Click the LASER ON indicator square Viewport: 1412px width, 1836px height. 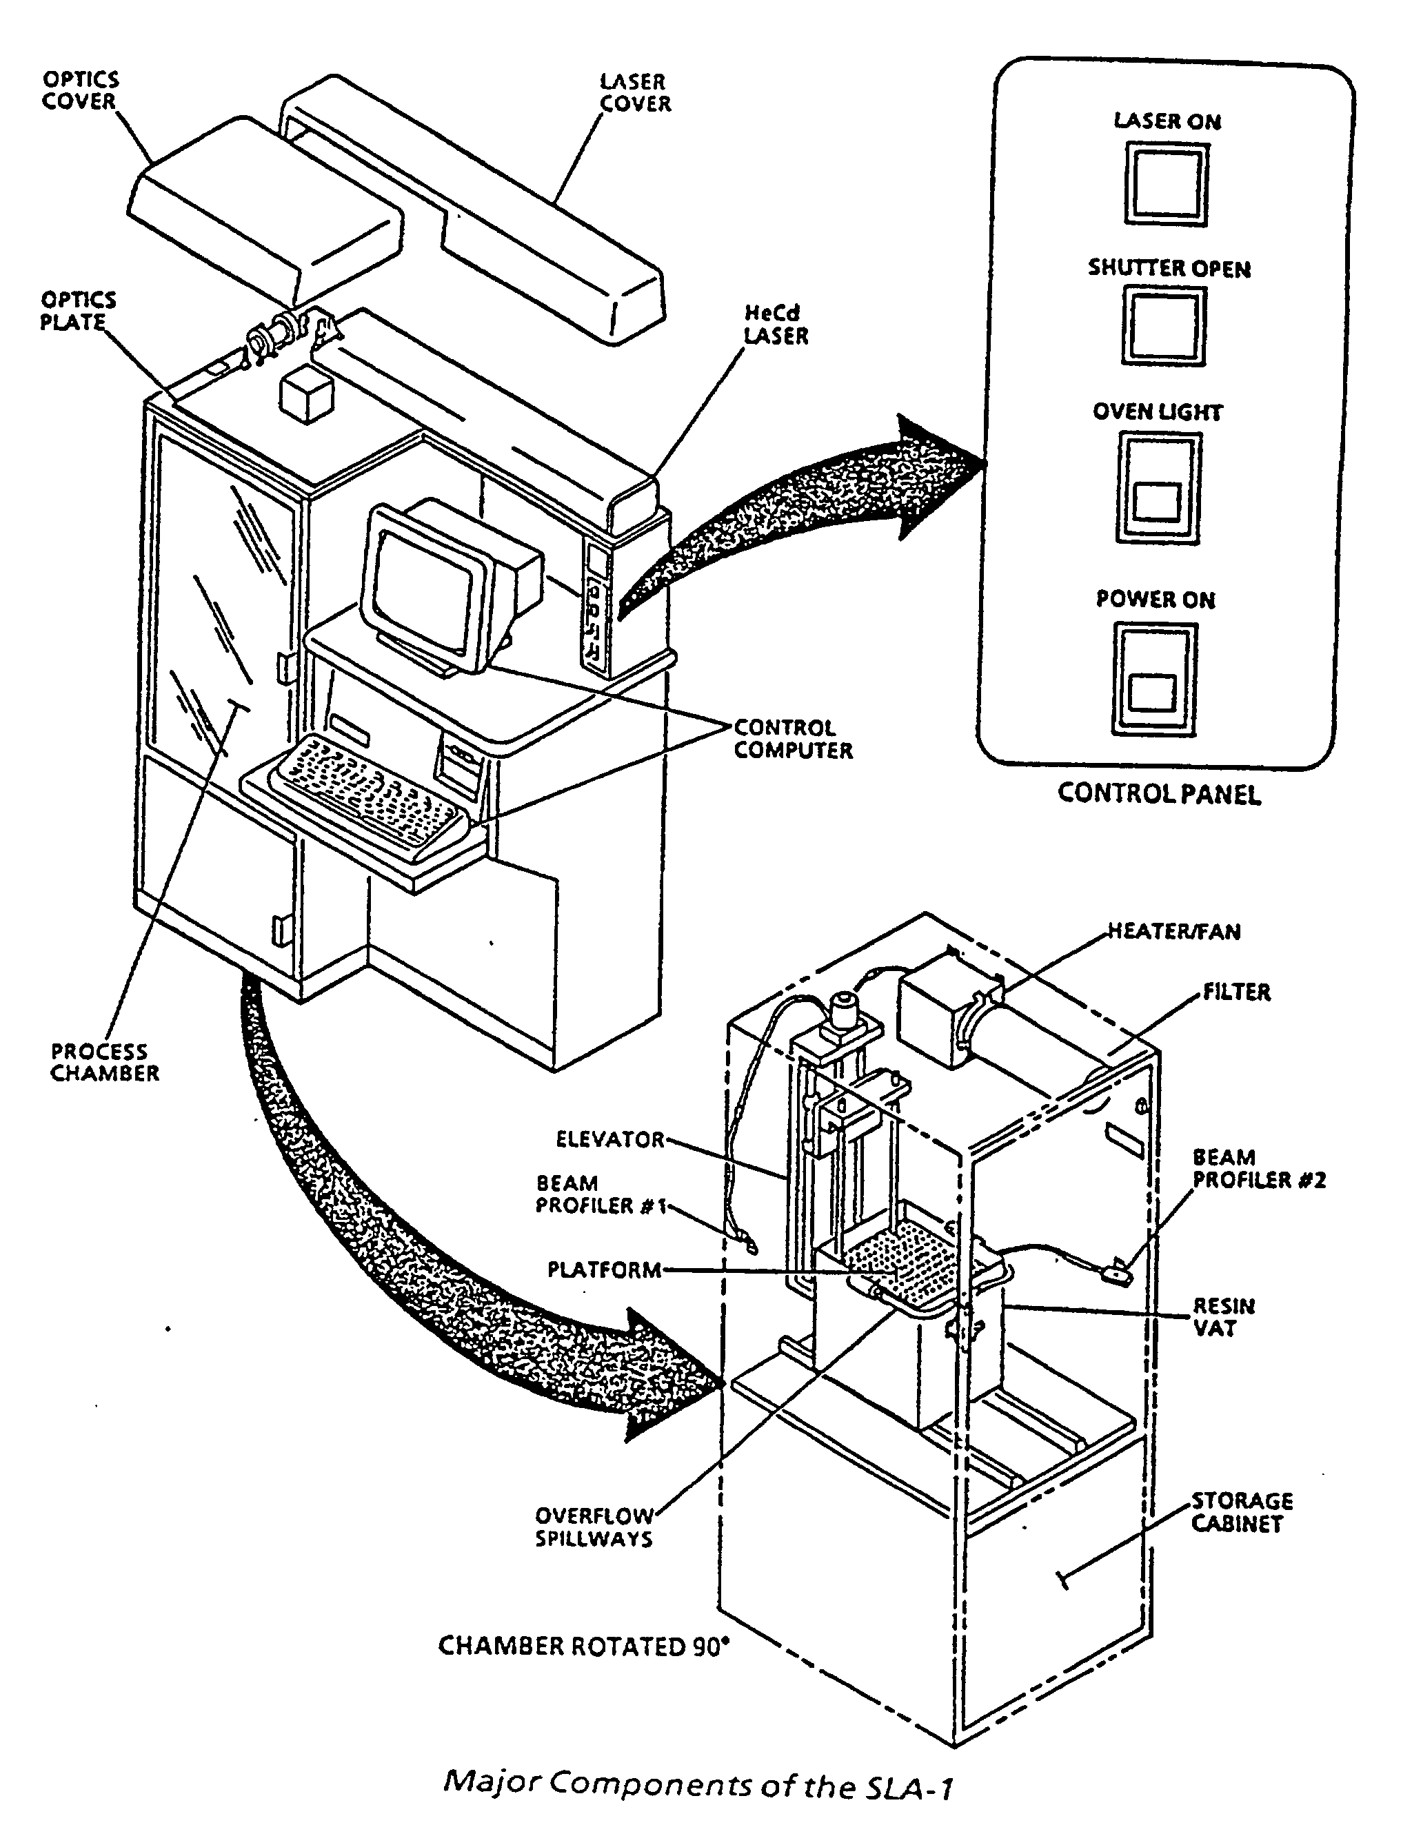(1167, 183)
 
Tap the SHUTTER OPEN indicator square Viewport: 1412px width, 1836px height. (1163, 326)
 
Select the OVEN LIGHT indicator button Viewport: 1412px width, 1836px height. (1158, 487)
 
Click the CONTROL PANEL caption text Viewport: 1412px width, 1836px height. (1159, 794)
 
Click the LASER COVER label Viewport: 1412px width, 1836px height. (634, 92)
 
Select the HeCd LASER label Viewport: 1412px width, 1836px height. (775, 325)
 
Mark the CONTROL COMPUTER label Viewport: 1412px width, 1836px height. (793, 739)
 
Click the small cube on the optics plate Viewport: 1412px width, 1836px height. (307, 395)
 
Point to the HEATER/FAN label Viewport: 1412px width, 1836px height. (1173, 931)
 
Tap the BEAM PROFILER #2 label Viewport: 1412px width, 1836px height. (1258, 1169)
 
